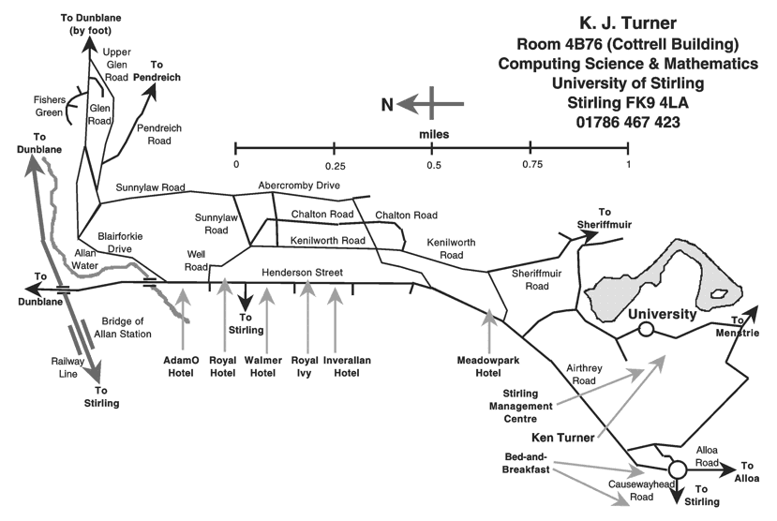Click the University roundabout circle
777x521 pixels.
point(646,329)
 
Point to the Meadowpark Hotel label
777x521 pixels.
point(488,365)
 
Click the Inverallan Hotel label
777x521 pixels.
point(340,365)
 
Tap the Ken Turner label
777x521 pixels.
point(563,437)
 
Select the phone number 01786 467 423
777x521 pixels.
point(628,123)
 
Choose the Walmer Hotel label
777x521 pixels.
point(264,365)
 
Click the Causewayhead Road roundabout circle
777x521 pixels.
point(676,469)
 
